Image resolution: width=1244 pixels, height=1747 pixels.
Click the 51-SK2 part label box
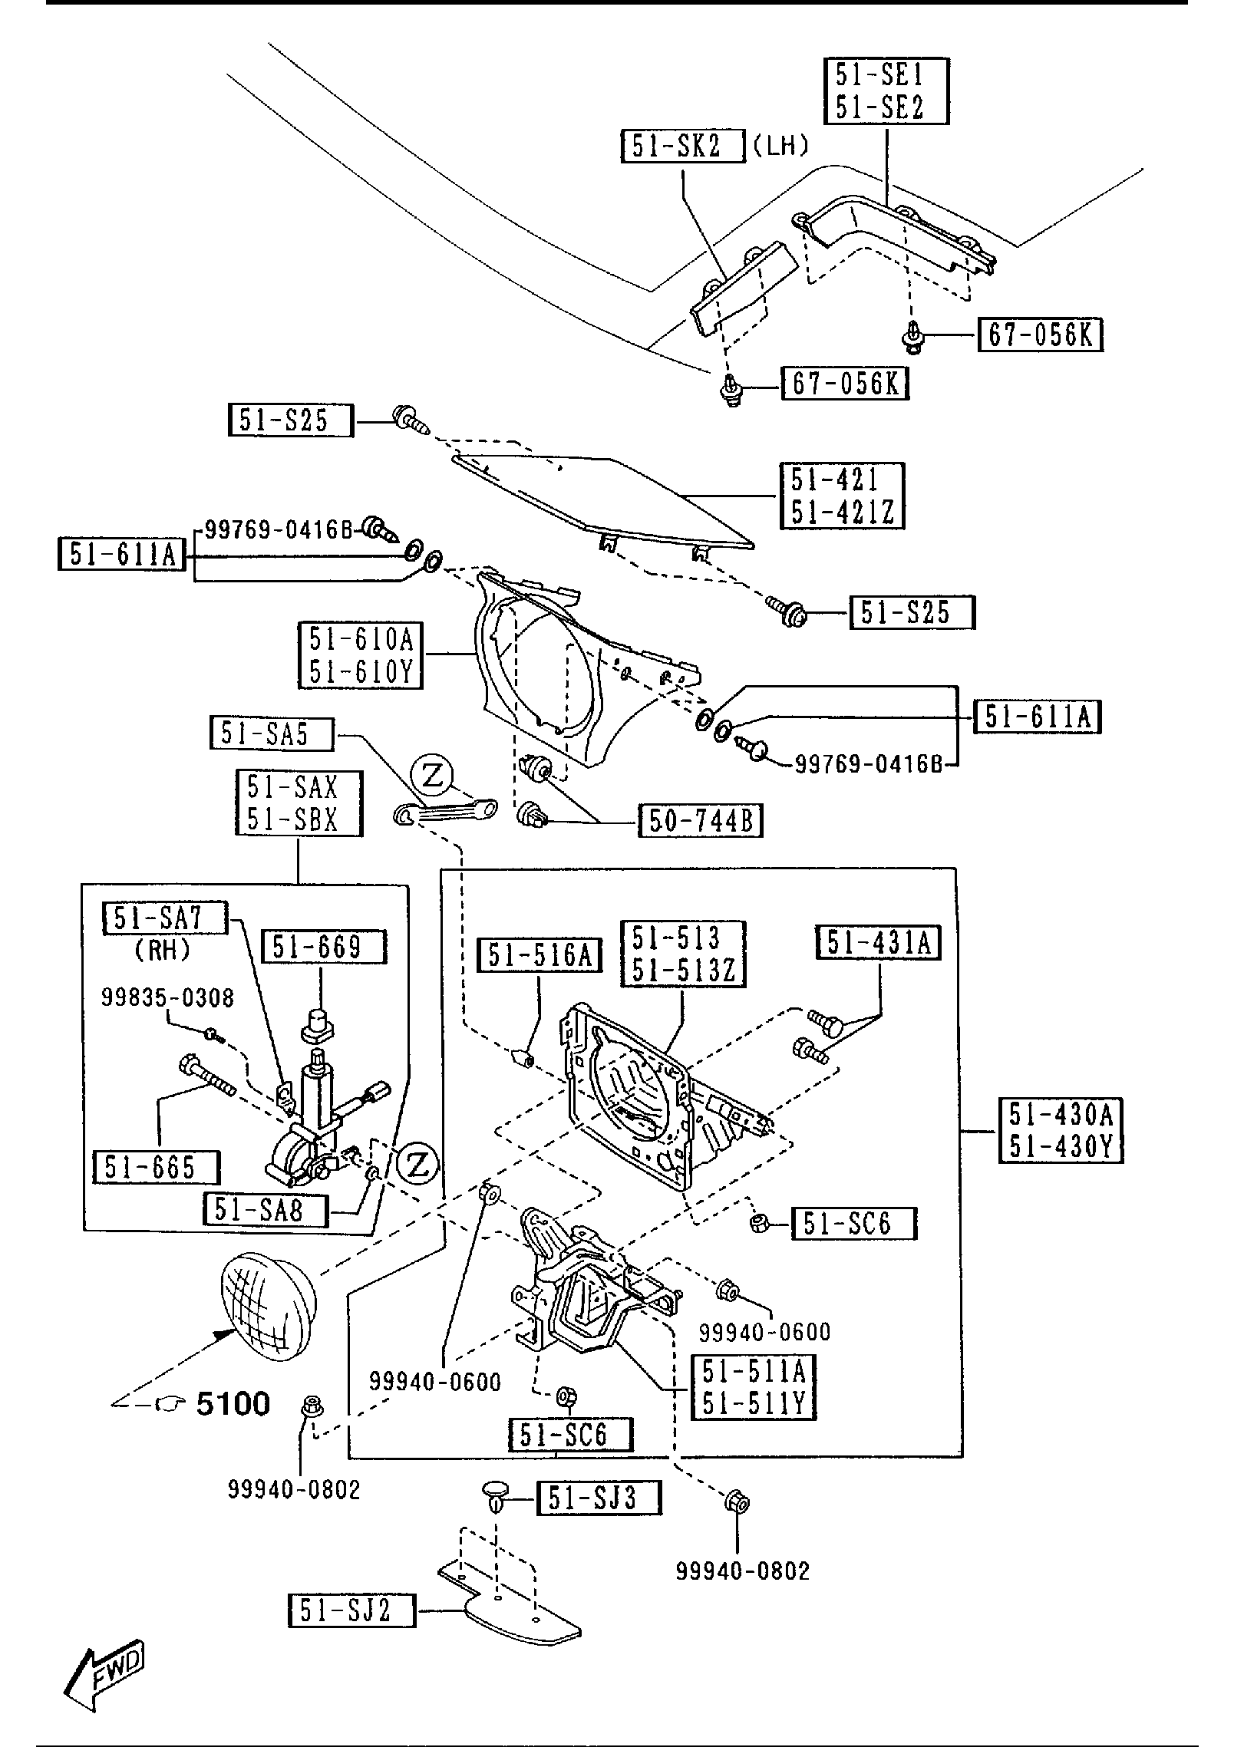click(x=682, y=146)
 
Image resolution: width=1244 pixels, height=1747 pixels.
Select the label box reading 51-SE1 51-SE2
click(x=886, y=91)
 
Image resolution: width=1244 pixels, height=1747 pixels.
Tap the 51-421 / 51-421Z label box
click(x=842, y=496)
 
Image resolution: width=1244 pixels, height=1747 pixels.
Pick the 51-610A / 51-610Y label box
click(x=361, y=655)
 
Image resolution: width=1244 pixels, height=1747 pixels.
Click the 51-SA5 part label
click(x=272, y=733)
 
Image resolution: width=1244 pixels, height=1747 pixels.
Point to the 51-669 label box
click(x=324, y=947)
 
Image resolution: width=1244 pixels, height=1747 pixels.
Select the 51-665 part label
click(x=156, y=1168)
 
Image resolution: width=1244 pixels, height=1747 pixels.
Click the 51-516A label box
click(x=540, y=955)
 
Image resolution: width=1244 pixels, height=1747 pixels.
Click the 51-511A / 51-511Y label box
click(x=754, y=1387)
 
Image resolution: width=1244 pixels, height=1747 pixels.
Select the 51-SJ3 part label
click(x=599, y=1497)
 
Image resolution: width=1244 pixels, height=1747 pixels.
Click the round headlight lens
click(x=268, y=1304)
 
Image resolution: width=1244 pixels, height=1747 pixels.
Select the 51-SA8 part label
click(x=265, y=1210)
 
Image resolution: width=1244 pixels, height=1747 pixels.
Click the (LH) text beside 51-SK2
click(x=780, y=146)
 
